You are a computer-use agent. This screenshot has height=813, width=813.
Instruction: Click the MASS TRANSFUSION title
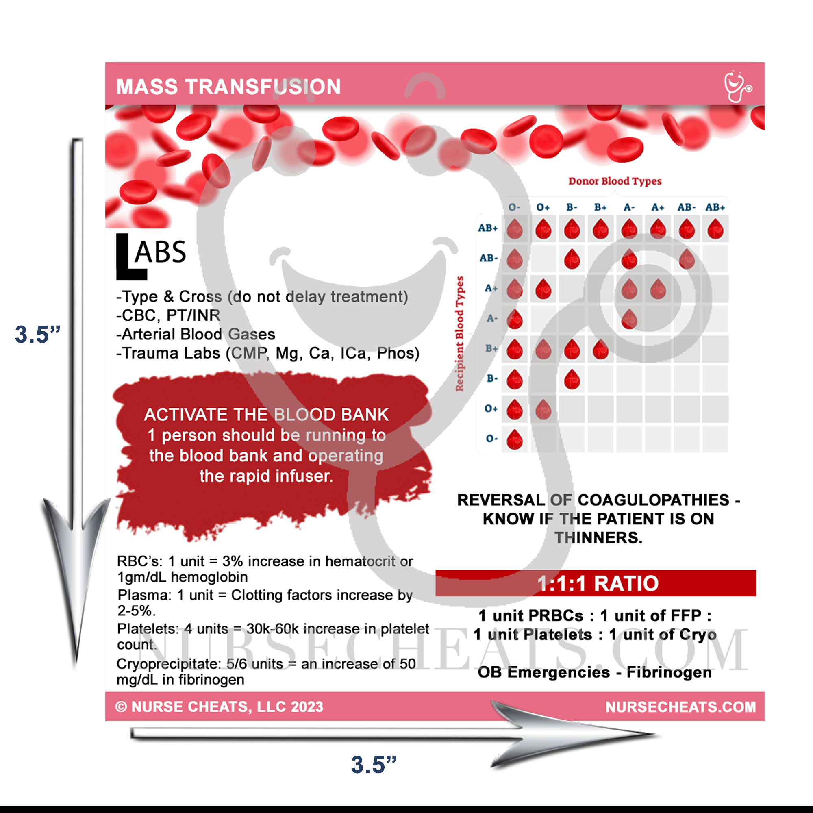pos(228,87)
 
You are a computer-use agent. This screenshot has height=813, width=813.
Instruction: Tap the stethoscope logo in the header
pos(737,86)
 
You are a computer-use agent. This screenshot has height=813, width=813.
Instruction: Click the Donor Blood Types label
pos(615,181)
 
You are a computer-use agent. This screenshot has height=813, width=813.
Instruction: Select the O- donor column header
pos(514,207)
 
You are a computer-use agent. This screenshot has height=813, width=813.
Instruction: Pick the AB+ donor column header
pos(715,207)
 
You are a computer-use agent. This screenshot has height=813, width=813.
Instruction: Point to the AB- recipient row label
pos(488,258)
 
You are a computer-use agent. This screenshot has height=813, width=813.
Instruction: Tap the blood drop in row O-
pos(515,440)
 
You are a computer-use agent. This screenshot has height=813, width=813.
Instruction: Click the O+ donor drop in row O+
pos(543,409)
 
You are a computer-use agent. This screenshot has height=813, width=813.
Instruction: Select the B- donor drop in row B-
pos(572,380)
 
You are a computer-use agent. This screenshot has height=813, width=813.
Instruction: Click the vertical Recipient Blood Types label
pos(459,333)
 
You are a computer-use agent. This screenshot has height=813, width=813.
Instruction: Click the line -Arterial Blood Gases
pos(196,334)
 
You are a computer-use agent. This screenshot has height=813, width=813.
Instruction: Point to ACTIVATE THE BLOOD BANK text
pos(266,415)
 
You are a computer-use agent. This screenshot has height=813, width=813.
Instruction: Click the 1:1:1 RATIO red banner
pos(596,583)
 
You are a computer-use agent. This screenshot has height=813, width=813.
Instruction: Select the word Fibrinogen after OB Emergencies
pos(669,672)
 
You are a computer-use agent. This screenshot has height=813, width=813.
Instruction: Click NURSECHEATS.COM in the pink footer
pos(680,707)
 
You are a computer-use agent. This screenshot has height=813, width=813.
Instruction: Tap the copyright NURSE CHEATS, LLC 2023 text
pos(219,707)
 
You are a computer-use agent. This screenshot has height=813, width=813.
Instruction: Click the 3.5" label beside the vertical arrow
pos(38,335)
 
